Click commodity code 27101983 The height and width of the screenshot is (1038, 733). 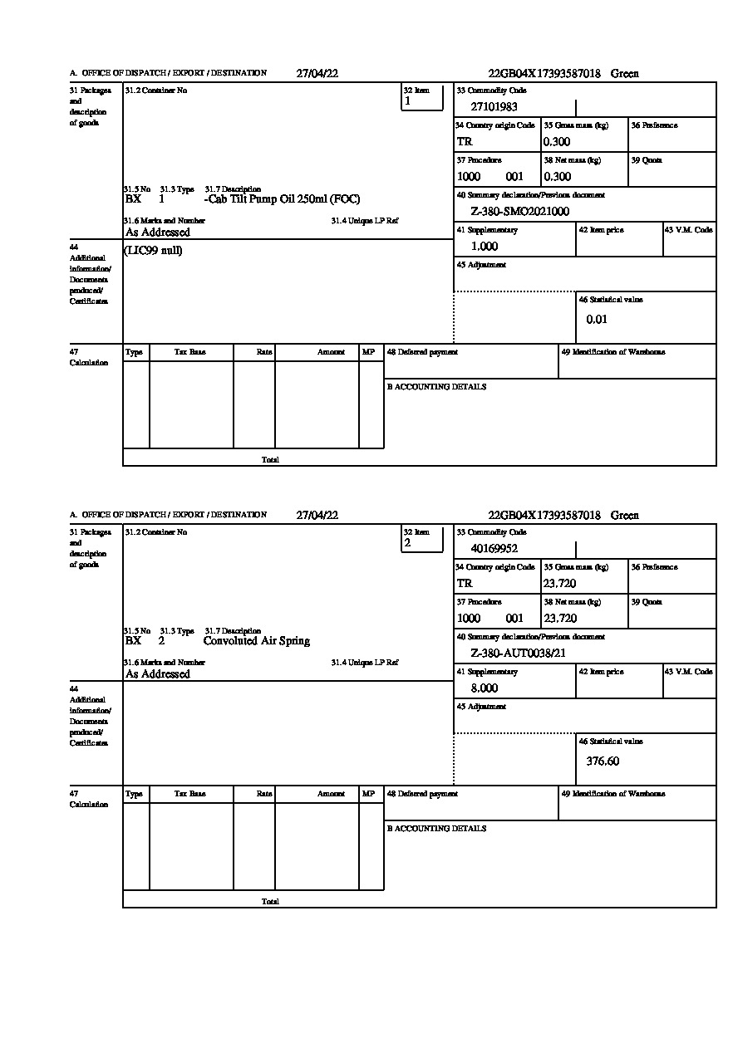click(494, 107)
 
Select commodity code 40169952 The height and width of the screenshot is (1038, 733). click(494, 549)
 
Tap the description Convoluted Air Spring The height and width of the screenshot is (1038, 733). click(257, 641)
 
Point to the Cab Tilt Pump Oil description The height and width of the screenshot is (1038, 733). click(283, 199)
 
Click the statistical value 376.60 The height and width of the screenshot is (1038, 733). click(603, 761)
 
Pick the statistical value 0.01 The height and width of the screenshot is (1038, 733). click(597, 320)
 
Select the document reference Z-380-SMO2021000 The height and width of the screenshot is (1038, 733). click(520, 212)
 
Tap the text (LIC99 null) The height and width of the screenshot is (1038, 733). click(154, 251)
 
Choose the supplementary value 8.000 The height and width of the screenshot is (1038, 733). click(485, 688)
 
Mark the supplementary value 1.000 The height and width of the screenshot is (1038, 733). click(485, 247)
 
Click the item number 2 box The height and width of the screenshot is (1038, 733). click(422, 540)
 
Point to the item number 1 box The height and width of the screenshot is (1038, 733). click(422, 98)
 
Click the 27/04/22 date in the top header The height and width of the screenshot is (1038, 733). click(317, 73)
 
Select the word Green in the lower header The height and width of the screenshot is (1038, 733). click(625, 516)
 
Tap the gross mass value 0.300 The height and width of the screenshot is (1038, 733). click(558, 142)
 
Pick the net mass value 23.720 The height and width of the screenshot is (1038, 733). click(560, 619)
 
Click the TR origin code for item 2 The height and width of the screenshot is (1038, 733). click(465, 584)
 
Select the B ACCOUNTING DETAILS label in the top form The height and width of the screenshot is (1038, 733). click(436, 387)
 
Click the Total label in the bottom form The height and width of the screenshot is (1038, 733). click(270, 902)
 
